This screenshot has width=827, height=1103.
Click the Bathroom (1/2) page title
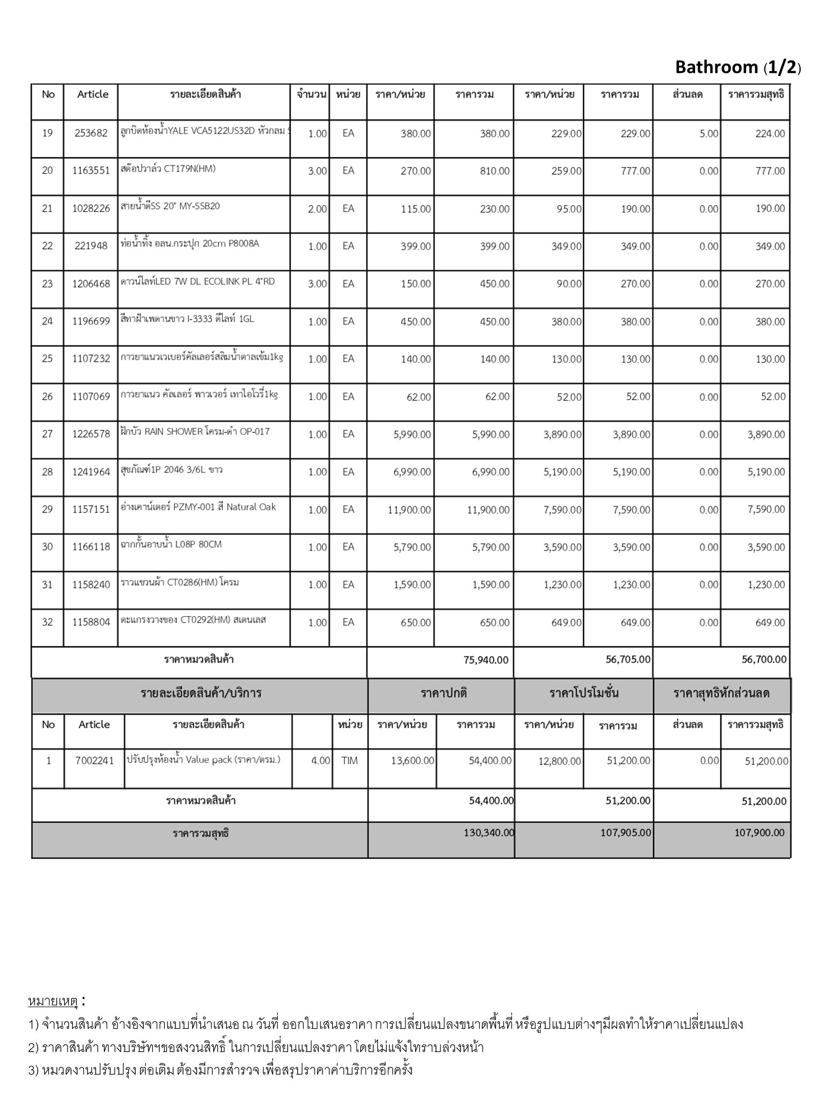pos(738,67)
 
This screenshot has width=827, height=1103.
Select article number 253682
pos(91,133)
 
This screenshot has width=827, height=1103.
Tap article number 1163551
pos(91,171)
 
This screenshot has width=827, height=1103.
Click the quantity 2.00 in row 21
pos(317,209)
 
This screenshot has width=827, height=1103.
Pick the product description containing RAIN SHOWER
pos(195,431)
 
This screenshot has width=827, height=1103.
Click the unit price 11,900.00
pos(409,509)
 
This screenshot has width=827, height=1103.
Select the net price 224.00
pos(770,134)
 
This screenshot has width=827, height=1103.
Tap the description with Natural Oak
pos(199,507)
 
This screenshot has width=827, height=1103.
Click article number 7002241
pos(95,761)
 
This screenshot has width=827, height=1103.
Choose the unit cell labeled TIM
pos(349,761)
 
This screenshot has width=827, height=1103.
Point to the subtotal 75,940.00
pos(486,660)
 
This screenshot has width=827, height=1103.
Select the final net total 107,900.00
pos(759,833)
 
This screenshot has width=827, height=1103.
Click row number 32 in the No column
pos(47,622)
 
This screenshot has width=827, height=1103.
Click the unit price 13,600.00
pos(412,761)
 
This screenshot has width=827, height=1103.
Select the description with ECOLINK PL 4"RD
pos(198,281)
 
